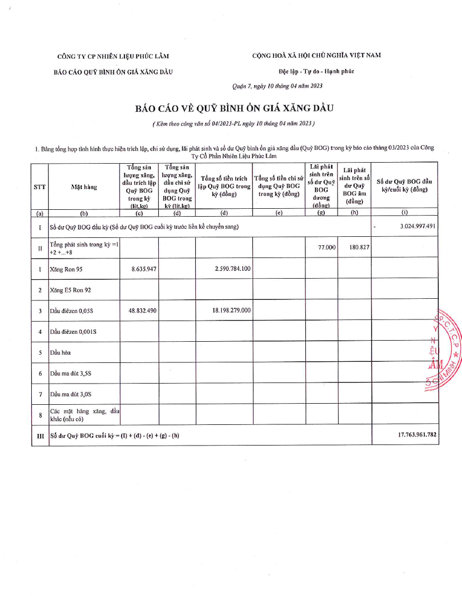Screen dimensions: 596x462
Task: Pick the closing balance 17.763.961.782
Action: (417, 435)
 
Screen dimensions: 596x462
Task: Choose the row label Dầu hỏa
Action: (60, 352)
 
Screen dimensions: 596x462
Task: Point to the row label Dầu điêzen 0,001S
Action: (73, 332)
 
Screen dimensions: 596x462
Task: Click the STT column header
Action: (40, 187)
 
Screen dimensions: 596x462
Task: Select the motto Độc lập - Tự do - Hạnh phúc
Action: (316, 71)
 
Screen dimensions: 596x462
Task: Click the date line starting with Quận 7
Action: (277, 86)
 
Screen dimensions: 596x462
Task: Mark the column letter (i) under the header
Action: (405, 214)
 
